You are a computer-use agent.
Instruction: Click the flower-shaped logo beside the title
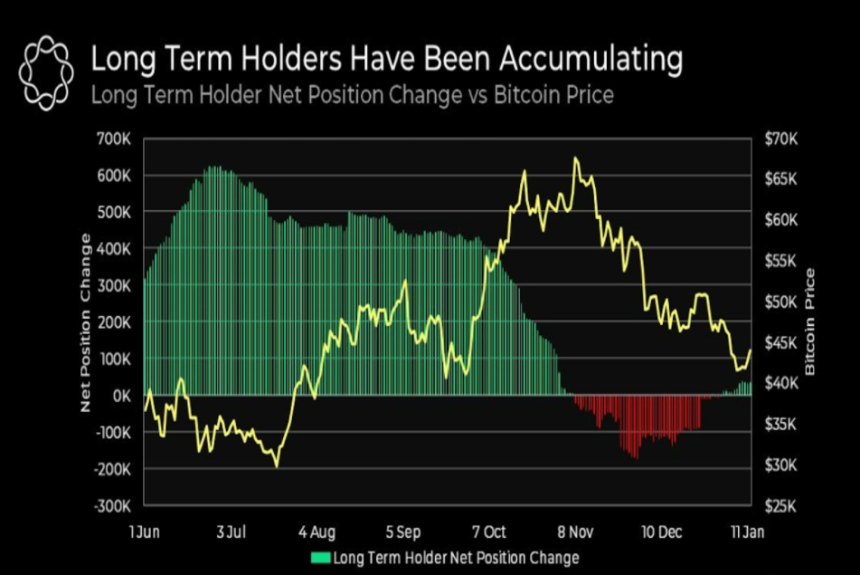45,72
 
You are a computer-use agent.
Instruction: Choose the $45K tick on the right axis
780,342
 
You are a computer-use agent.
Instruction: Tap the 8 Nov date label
575,531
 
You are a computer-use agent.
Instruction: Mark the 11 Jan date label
748,531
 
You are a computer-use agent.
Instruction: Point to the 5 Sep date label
402,531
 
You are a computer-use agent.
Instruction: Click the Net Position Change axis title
87,322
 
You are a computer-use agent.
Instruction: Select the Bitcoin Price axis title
810,322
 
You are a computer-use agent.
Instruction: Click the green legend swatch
321,558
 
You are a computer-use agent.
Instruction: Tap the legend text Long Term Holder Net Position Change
457,558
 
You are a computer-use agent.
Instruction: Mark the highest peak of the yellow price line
575,158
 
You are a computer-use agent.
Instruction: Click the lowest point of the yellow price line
276,465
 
